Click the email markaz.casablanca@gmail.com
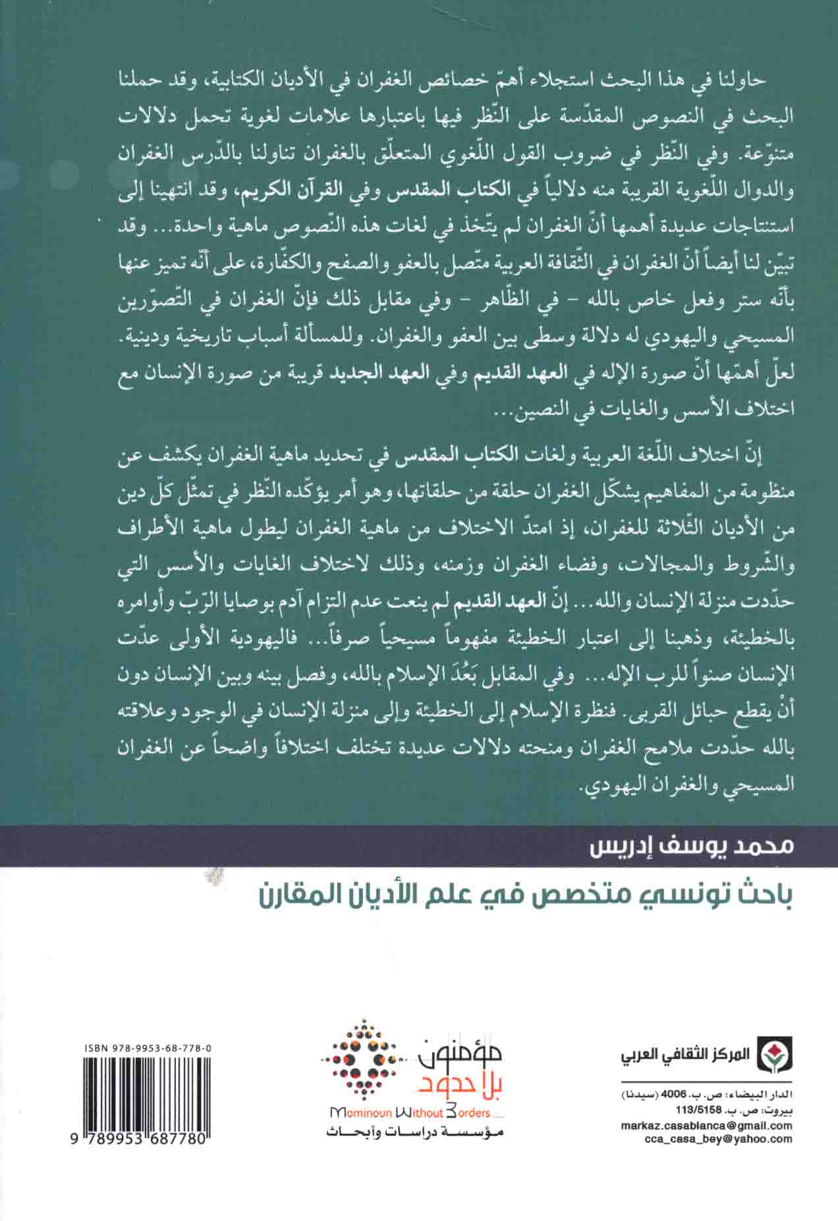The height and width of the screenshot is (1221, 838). click(706, 1124)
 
